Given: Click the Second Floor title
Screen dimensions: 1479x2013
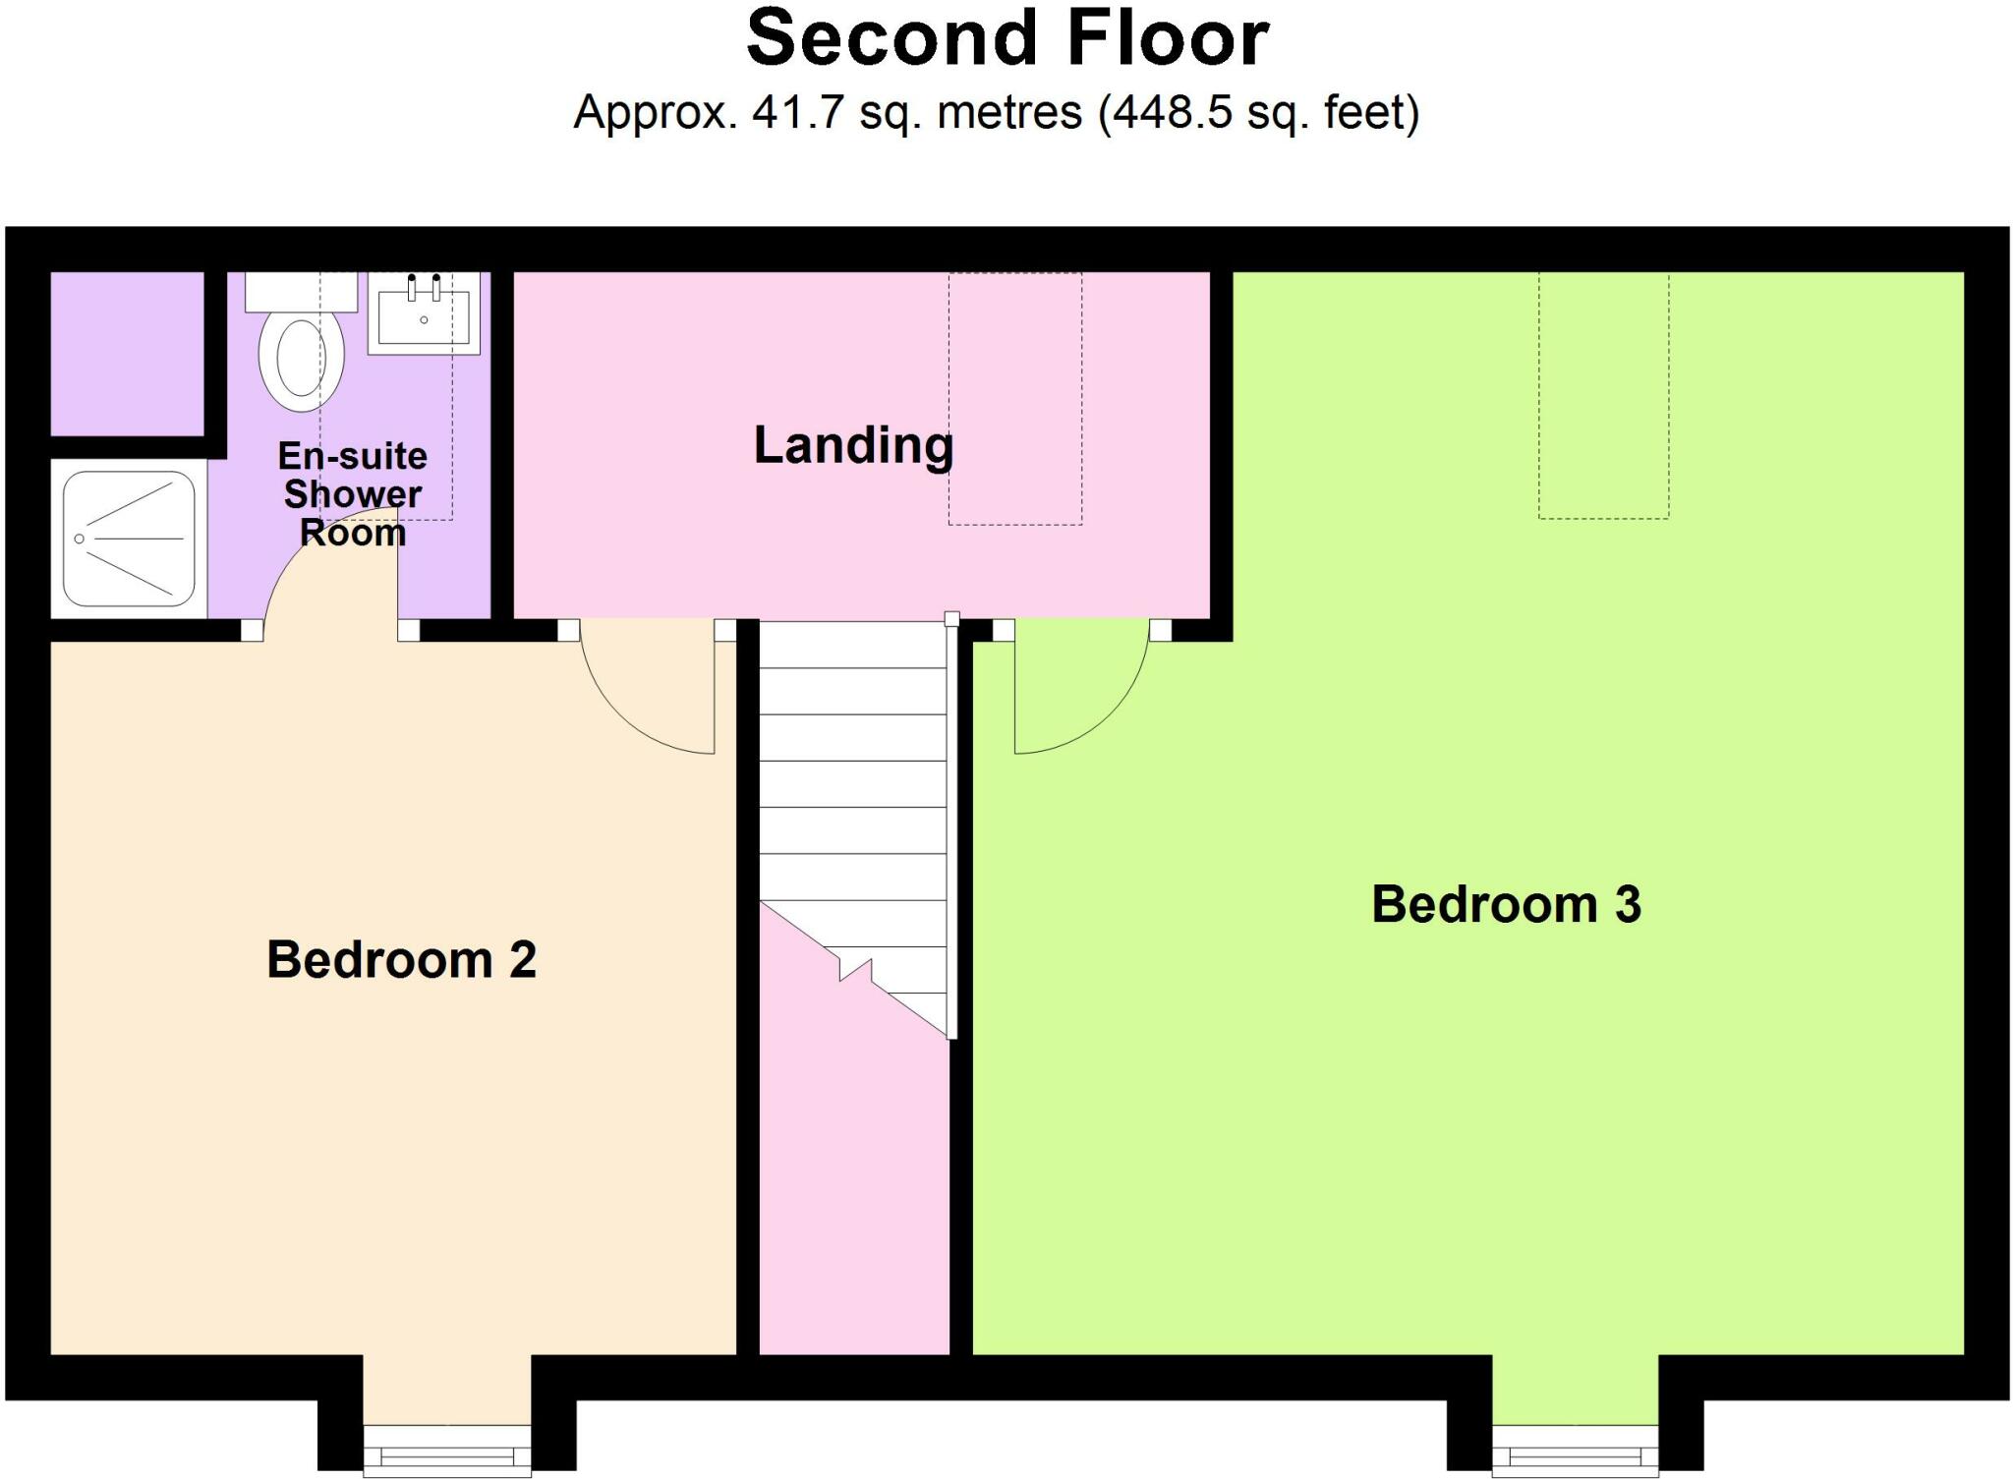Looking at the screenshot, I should click(x=1007, y=39).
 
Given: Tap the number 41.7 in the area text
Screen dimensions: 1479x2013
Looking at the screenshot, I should click(x=797, y=113).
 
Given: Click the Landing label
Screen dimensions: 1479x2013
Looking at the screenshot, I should click(x=853, y=445).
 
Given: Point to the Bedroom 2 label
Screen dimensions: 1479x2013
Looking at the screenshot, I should click(x=401, y=959).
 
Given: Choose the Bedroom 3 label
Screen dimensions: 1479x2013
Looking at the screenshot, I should click(x=1506, y=904).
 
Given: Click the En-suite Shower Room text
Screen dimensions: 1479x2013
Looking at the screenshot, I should click(x=352, y=493).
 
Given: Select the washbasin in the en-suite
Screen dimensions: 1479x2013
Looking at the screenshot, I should click(x=424, y=313).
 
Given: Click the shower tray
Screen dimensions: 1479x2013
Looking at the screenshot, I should click(x=129, y=539).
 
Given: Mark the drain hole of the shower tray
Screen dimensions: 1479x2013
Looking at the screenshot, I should click(x=80, y=539).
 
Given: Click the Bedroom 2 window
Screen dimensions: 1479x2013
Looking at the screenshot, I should click(x=447, y=1452).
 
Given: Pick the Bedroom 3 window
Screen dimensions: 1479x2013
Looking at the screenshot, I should click(x=1575, y=1452).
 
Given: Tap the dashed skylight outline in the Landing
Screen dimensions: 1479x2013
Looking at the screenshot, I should click(x=1014, y=398).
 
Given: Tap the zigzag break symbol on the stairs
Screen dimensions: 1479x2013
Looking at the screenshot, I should click(x=855, y=969).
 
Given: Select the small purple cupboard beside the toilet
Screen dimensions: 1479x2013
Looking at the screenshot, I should click(x=127, y=353).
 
